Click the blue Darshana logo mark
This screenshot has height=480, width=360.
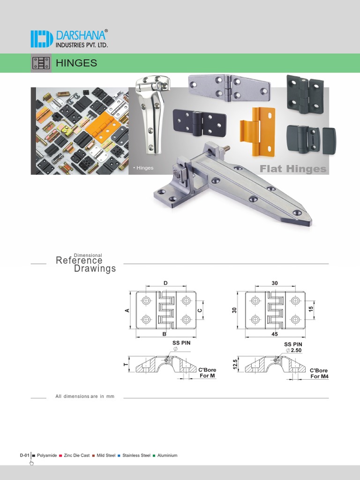(42, 39)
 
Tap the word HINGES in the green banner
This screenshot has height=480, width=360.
(76, 63)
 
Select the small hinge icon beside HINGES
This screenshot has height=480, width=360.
(41, 63)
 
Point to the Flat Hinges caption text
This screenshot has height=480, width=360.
(293, 169)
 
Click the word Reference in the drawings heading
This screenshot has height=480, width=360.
(79, 261)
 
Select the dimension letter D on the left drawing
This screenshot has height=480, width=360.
(165, 283)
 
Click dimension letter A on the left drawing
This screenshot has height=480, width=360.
(126, 310)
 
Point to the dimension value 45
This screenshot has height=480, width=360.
(275, 334)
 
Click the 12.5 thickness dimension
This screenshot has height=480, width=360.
(235, 364)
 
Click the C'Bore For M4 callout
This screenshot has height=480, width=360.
(319, 373)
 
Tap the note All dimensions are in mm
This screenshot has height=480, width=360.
(85, 397)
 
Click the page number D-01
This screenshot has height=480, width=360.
(25, 455)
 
